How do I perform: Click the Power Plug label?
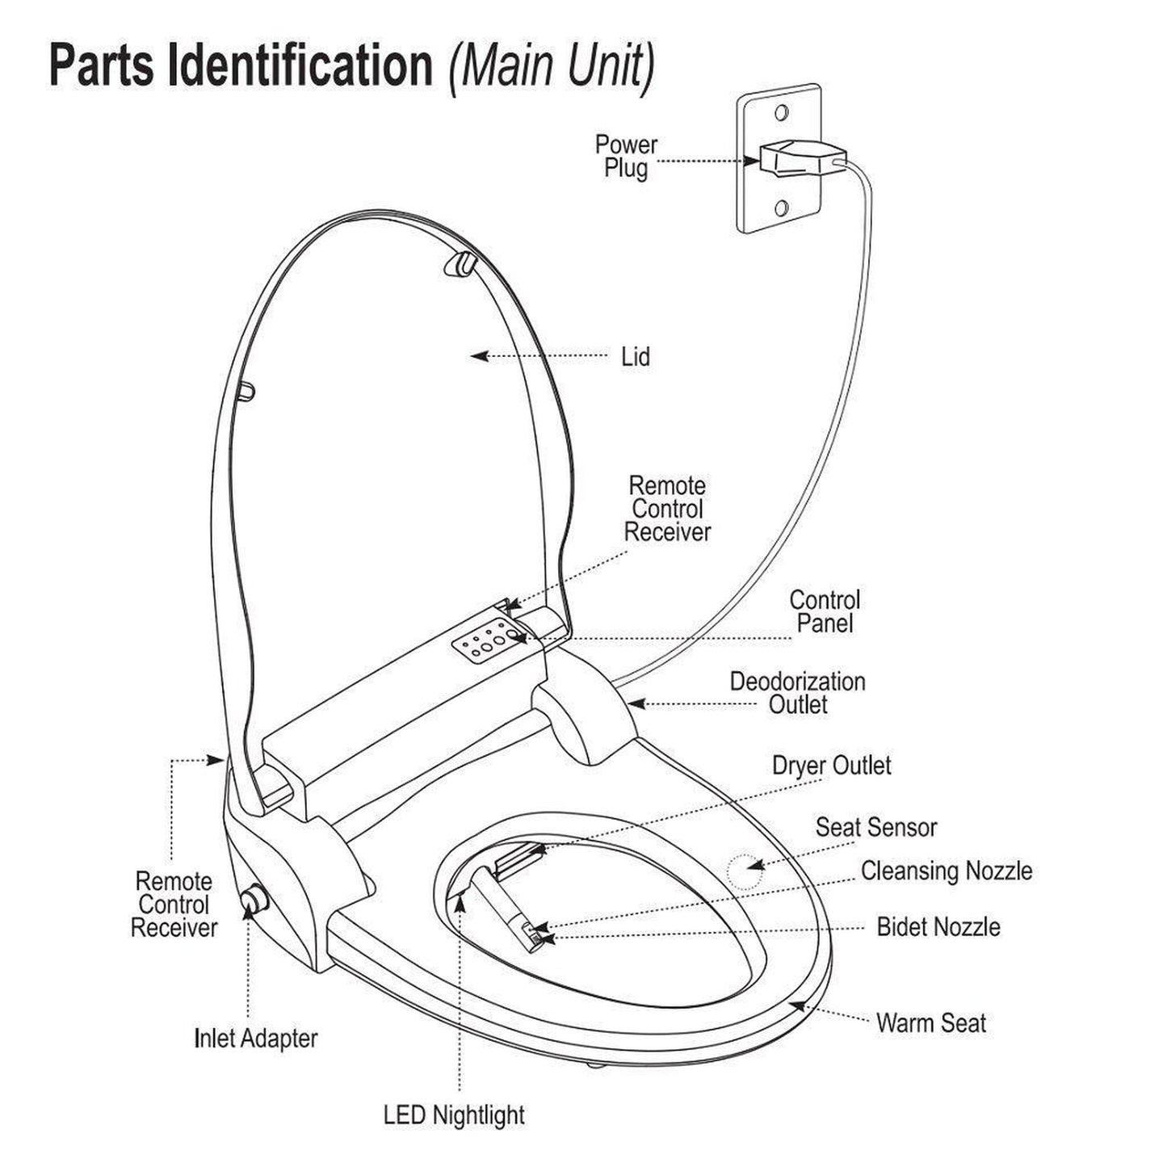(626, 157)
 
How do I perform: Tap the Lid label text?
(635, 357)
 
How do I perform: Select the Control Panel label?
(825, 611)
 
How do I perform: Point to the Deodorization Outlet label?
(797, 693)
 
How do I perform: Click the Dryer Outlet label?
(831, 766)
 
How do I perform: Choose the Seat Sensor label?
(875, 827)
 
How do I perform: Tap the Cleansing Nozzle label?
(946, 871)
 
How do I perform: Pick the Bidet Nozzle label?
(938, 927)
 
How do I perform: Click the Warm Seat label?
(930, 1023)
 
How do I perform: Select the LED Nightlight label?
(454, 1115)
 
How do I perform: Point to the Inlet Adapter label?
(256, 1039)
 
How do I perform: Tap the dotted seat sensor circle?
(743, 871)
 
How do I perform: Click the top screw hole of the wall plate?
(781, 111)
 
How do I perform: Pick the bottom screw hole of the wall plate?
(781, 209)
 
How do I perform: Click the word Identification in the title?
(300, 66)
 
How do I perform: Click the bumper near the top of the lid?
(460, 263)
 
